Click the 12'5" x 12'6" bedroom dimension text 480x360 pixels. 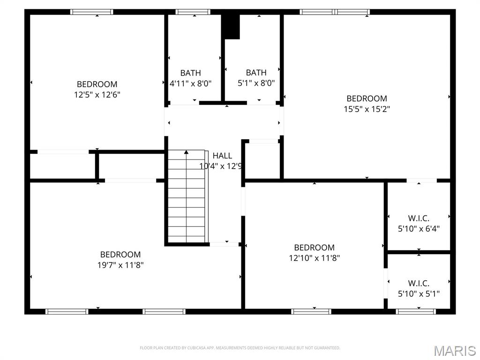pyautogui.click(x=97, y=95)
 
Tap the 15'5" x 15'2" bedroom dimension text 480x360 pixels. pyautogui.click(x=367, y=109)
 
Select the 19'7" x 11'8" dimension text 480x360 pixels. pyautogui.click(x=120, y=265)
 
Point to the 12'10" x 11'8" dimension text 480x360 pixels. pyautogui.click(x=314, y=258)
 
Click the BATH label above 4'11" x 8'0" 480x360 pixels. pyautogui.click(x=190, y=73)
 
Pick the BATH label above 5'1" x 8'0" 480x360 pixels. pyautogui.click(x=256, y=73)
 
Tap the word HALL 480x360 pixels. pyautogui.click(x=222, y=156)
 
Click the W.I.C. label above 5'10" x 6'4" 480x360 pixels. pyautogui.click(x=419, y=218)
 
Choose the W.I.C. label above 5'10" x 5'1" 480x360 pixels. pyautogui.click(x=419, y=284)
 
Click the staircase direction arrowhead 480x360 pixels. pyautogui.click(x=187, y=152)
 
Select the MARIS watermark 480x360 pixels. pyautogui.click(x=455, y=351)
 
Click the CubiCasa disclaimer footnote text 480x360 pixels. pyautogui.click(x=240, y=348)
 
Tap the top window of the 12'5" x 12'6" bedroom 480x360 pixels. pyautogui.click(x=92, y=12)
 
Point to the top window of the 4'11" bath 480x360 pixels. pyautogui.click(x=193, y=12)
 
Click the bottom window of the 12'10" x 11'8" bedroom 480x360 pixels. pyautogui.click(x=311, y=311)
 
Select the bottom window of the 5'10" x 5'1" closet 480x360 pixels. pyautogui.click(x=416, y=311)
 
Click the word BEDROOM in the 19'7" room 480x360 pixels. pyautogui.click(x=120, y=255)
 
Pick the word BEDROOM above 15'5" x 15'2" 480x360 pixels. pyautogui.click(x=367, y=98)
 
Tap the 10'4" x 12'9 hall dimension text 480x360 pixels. pyautogui.click(x=220, y=166)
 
